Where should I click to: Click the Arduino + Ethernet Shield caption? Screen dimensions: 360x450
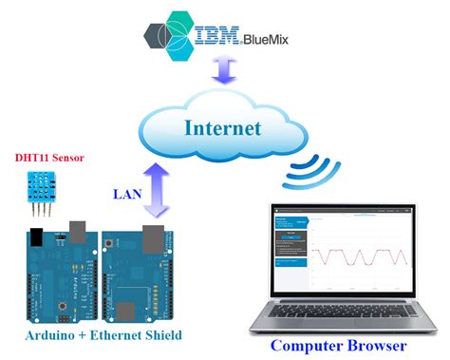90,335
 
